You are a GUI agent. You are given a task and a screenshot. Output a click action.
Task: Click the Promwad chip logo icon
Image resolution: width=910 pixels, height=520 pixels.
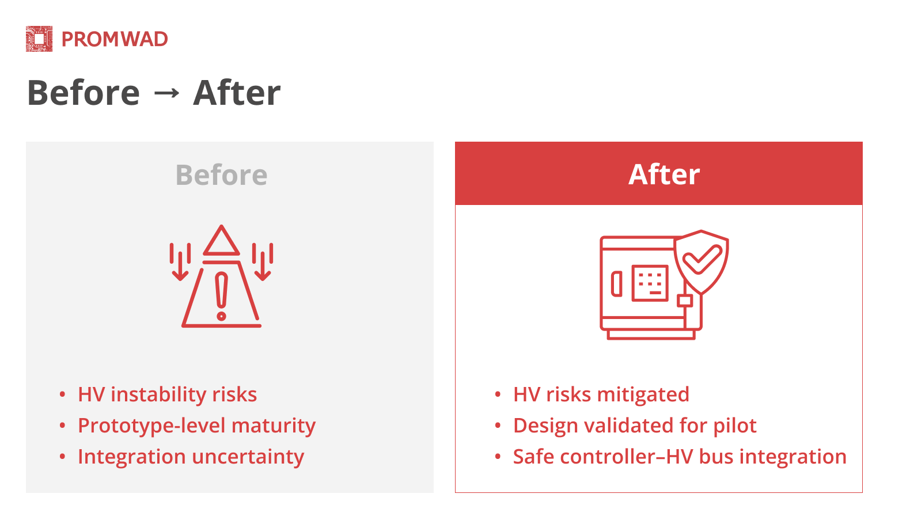point(39,39)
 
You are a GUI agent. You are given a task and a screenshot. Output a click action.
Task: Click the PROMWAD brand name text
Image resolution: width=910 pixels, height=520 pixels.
point(115,39)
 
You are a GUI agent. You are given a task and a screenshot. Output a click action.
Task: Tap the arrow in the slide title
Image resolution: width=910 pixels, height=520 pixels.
point(166,93)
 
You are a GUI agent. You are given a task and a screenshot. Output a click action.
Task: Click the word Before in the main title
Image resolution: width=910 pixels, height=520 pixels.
point(84,93)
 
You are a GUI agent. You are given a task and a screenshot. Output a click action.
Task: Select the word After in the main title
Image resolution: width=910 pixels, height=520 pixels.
point(237,93)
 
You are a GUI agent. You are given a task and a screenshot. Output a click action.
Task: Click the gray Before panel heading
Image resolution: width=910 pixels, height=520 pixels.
point(221,174)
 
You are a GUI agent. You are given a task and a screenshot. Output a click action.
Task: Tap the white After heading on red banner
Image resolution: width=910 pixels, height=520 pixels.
point(664,174)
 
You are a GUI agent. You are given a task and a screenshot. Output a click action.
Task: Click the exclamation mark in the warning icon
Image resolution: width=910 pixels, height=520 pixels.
point(221,297)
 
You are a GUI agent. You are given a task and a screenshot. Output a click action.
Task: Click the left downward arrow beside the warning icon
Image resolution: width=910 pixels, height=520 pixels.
point(180,262)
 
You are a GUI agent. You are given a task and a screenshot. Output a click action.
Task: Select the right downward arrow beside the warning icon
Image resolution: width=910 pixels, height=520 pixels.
point(263,262)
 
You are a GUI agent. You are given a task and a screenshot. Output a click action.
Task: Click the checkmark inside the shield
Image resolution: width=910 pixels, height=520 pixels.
point(702,259)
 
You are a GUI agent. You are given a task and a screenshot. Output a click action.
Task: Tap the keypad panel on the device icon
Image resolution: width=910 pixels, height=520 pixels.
point(650,283)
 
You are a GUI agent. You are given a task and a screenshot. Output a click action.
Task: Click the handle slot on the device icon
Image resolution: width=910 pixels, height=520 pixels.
point(617,284)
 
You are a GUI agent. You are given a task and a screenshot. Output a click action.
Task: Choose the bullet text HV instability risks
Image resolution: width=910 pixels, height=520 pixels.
point(168,394)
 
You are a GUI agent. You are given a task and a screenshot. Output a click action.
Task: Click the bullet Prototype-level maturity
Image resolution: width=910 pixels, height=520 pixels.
point(196,426)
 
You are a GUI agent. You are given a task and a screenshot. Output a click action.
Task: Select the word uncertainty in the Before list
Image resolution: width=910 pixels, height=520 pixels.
point(248,457)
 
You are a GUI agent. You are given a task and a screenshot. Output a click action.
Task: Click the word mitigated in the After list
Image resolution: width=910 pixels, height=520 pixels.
point(643,394)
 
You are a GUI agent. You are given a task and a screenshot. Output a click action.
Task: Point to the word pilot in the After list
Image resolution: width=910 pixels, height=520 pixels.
point(735,426)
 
